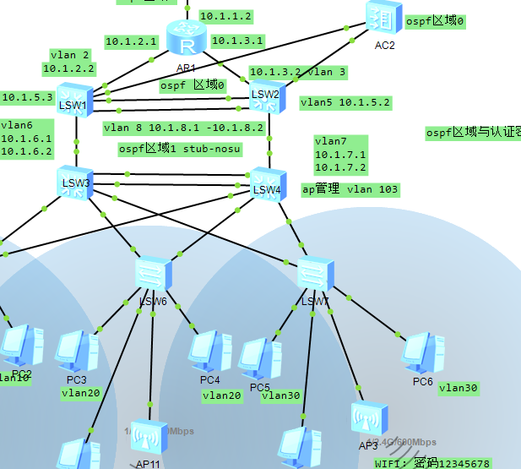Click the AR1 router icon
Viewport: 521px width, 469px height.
coord(186,39)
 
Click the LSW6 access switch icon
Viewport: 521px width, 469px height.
coord(153,275)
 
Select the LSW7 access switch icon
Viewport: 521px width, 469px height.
coord(315,274)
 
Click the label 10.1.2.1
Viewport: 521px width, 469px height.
coord(131,41)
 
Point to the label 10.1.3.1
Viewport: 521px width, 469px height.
coord(237,40)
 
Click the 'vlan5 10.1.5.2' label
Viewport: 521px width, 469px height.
coord(345,102)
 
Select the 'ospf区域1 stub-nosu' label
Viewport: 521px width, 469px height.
coord(179,149)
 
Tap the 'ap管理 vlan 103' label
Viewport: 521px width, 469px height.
coord(350,189)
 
